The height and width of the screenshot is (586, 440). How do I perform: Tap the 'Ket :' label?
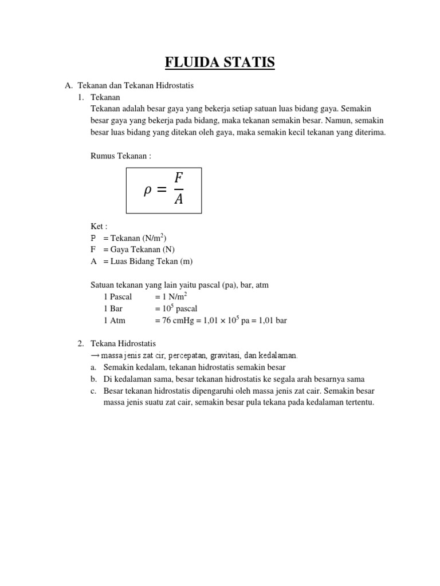pos(99,227)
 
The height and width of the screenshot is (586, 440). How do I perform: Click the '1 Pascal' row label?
pos(117,296)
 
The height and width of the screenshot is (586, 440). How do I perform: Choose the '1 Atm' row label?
pos(115,320)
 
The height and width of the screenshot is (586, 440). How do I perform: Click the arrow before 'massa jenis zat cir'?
pos(95,355)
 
